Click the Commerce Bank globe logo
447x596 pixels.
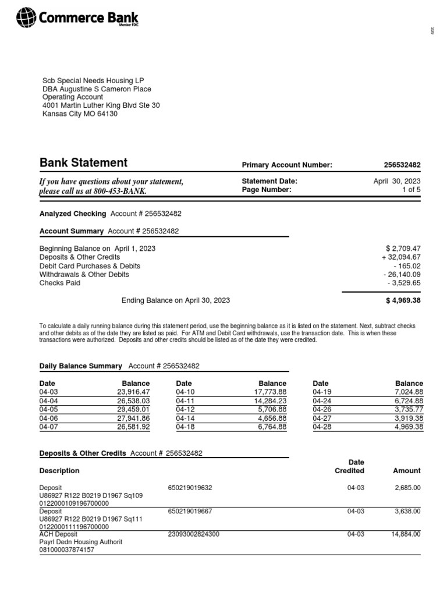26,18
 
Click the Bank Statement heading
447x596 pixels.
83,163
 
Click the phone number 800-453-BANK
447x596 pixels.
122,191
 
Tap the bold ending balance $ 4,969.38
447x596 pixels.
402,301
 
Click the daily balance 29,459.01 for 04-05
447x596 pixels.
133,409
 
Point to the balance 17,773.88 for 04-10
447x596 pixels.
269,392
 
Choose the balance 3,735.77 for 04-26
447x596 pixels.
406,409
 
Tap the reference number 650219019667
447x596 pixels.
190,511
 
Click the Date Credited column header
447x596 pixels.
349,466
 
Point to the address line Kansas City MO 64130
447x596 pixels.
80,114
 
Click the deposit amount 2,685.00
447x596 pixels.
407,488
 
